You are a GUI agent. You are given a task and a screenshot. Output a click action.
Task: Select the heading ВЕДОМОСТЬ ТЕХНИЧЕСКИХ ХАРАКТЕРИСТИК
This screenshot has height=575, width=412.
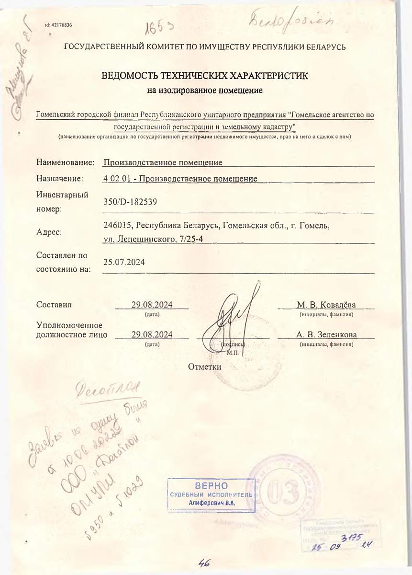[x=205, y=76]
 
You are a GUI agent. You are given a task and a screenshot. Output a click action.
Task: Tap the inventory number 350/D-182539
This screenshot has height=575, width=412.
[x=130, y=202]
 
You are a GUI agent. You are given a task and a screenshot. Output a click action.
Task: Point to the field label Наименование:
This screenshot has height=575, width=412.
[x=65, y=162]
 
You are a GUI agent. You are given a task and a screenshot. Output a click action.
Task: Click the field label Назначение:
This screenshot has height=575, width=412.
[x=60, y=179]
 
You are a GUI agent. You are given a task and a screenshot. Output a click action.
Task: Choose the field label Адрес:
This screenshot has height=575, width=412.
[x=49, y=232]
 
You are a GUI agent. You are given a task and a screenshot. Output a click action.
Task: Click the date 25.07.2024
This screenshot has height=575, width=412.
[x=124, y=263]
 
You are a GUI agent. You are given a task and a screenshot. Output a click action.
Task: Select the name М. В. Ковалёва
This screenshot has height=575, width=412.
[x=326, y=305]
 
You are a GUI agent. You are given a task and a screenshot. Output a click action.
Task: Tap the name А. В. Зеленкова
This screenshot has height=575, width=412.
[x=326, y=334]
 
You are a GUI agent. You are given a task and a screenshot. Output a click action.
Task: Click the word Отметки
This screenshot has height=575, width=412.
[x=205, y=367]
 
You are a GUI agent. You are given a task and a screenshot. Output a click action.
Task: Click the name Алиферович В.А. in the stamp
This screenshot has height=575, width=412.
[x=211, y=503]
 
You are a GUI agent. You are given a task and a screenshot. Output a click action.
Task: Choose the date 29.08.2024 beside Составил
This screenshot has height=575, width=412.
[x=152, y=305]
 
